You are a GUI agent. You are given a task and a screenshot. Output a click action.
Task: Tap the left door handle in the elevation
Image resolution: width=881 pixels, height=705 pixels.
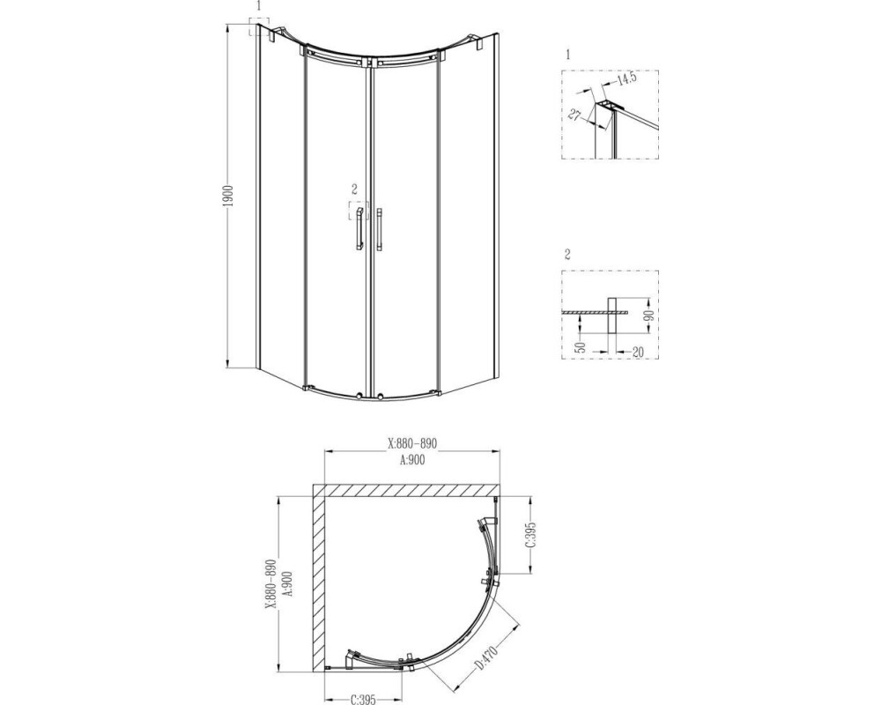[359, 229]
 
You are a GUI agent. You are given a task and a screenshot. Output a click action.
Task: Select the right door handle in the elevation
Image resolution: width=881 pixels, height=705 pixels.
[381, 229]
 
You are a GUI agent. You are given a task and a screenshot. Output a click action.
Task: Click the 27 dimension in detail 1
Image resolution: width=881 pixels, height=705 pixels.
[574, 115]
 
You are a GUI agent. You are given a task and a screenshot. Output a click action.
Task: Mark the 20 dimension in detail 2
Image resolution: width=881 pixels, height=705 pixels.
[637, 352]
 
